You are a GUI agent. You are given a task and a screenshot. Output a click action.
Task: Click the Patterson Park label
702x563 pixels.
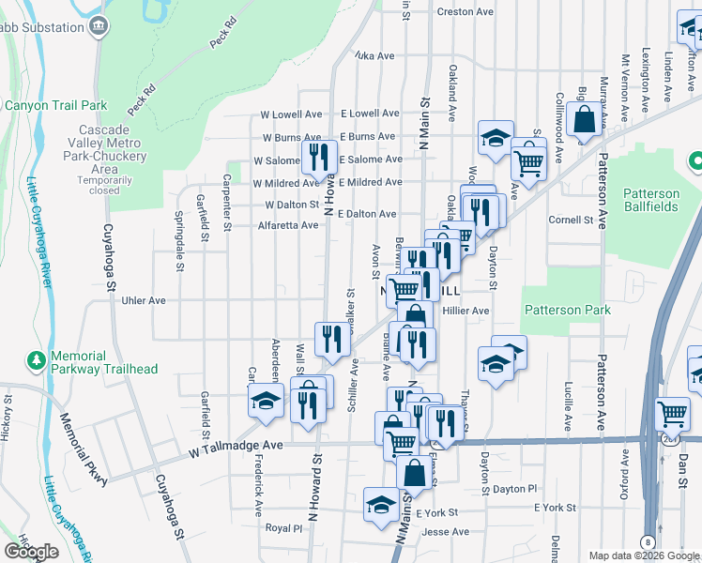567,311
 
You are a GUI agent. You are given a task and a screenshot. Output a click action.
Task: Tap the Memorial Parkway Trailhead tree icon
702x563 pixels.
36,360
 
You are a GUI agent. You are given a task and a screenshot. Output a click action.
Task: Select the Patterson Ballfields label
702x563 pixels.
658,200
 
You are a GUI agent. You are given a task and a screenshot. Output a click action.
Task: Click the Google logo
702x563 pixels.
32,552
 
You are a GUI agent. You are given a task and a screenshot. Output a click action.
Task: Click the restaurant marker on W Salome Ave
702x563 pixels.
319,157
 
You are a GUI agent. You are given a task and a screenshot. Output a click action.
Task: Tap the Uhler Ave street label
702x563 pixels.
144,300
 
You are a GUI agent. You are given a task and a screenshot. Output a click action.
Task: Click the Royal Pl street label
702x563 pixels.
284,528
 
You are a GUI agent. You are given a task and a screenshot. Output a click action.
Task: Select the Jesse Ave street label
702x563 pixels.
446,532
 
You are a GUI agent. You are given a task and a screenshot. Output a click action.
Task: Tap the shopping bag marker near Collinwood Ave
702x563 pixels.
584,120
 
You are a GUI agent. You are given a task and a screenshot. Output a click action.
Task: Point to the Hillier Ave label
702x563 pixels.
466,311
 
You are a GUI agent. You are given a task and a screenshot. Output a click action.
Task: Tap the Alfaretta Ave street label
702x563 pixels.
287,225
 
